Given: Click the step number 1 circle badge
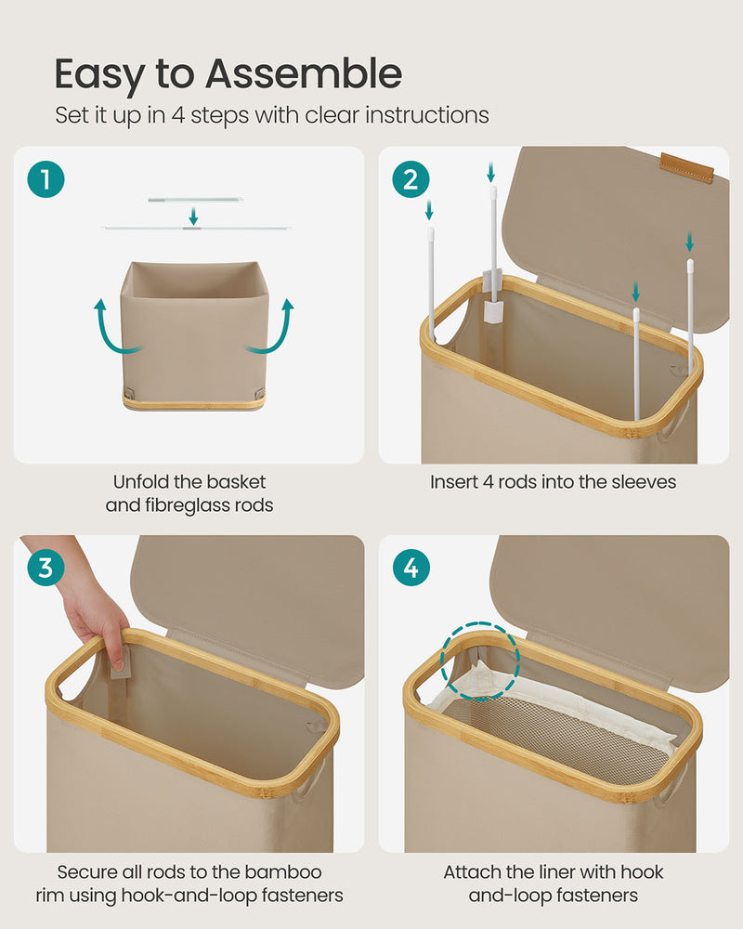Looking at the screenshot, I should click(x=46, y=179).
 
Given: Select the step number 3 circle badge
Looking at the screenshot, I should click(x=46, y=568).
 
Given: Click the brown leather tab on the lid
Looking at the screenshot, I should click(x=686, y=167).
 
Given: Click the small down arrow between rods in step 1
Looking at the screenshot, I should click(x=193, y=216).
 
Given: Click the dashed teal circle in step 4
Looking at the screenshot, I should click(x=479, y=661).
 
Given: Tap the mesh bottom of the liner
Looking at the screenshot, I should click(x=557, y=734).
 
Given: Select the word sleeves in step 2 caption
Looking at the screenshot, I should click(x=643, y=482).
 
